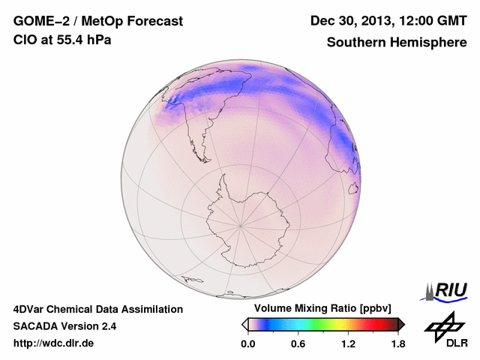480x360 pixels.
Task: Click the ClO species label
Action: (25, 40)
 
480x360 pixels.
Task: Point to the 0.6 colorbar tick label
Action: (298, 343)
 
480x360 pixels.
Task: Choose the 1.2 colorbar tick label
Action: (348, 343)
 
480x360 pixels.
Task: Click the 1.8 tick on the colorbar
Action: (398, 343)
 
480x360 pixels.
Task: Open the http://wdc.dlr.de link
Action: (54, 343)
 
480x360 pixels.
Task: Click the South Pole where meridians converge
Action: (240, 224)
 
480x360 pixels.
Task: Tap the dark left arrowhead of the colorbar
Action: (244, 324)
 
